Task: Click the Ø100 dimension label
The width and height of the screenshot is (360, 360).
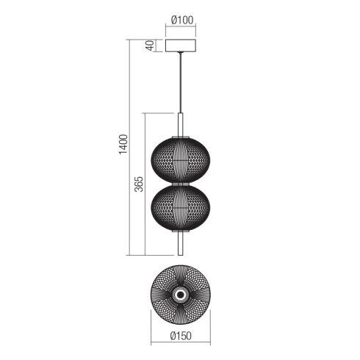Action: point(182,20)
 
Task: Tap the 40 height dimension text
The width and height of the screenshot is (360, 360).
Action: point(150,46)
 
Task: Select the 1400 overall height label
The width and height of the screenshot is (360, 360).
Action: point(123,145)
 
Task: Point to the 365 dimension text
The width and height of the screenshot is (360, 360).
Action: point(139,184)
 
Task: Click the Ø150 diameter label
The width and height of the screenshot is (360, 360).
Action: point(181,336)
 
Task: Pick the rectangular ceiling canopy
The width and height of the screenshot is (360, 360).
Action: point(181,46)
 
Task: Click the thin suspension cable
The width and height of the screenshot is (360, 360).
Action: point(181,82)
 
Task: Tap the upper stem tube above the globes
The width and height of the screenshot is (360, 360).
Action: point(181,125)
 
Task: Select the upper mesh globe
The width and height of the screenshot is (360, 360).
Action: point(181,160)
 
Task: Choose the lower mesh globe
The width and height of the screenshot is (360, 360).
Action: point(181,207)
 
